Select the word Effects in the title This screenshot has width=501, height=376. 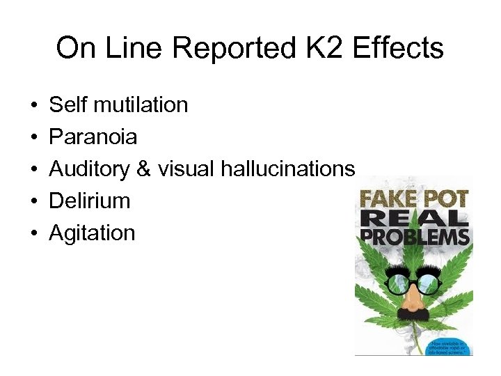pyautogui.click(x=399, y=49)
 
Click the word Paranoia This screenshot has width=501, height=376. pyautogui.click(x=93, y=137)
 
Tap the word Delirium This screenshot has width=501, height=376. pyautogui.click(x=90, y=201)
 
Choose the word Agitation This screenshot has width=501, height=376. pyautogui.click(x=92, y=233)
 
